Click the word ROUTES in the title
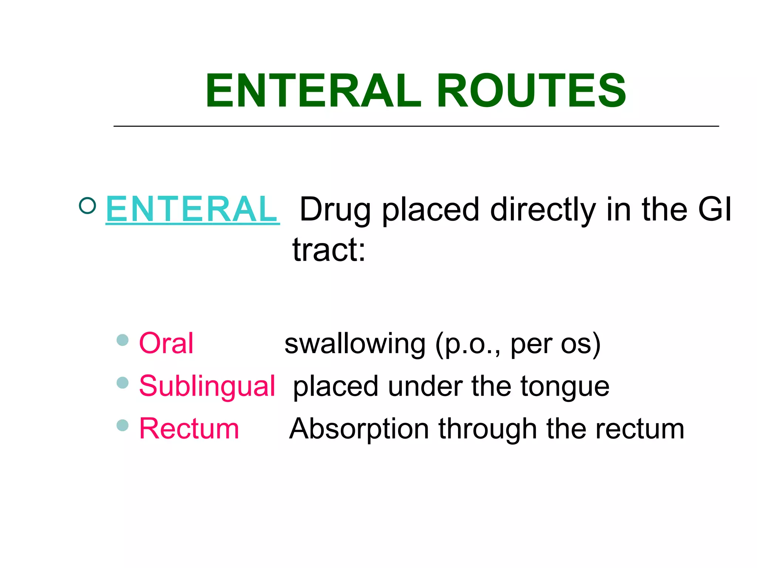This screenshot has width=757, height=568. pyautogui.click(x=531, y=91)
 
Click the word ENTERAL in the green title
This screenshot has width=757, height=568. pyautogui.click(x=313, y=91)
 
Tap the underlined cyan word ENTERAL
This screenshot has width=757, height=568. pyautogui.click(x=192, y=209)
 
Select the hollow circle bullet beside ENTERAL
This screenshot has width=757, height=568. pyautogui.click(x=88, y=205)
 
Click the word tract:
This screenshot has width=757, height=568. pyautogui.click(x=329, y=250)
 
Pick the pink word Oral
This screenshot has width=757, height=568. pyautogui.click(x=166, y=343)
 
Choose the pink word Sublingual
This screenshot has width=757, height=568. pyautogui.click(x=207, y=386)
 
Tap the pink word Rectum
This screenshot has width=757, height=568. pyautogui.click(x=189, y=429)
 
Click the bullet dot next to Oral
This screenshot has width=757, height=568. pyautogui.click(x=122, y=340)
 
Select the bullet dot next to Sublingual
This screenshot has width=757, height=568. pyautogui.click(x=122, y=383)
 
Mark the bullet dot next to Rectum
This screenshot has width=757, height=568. pyautogui.click(x=122, y=425)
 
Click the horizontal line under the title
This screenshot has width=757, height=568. pyautogui.click(x=416, y=126)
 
